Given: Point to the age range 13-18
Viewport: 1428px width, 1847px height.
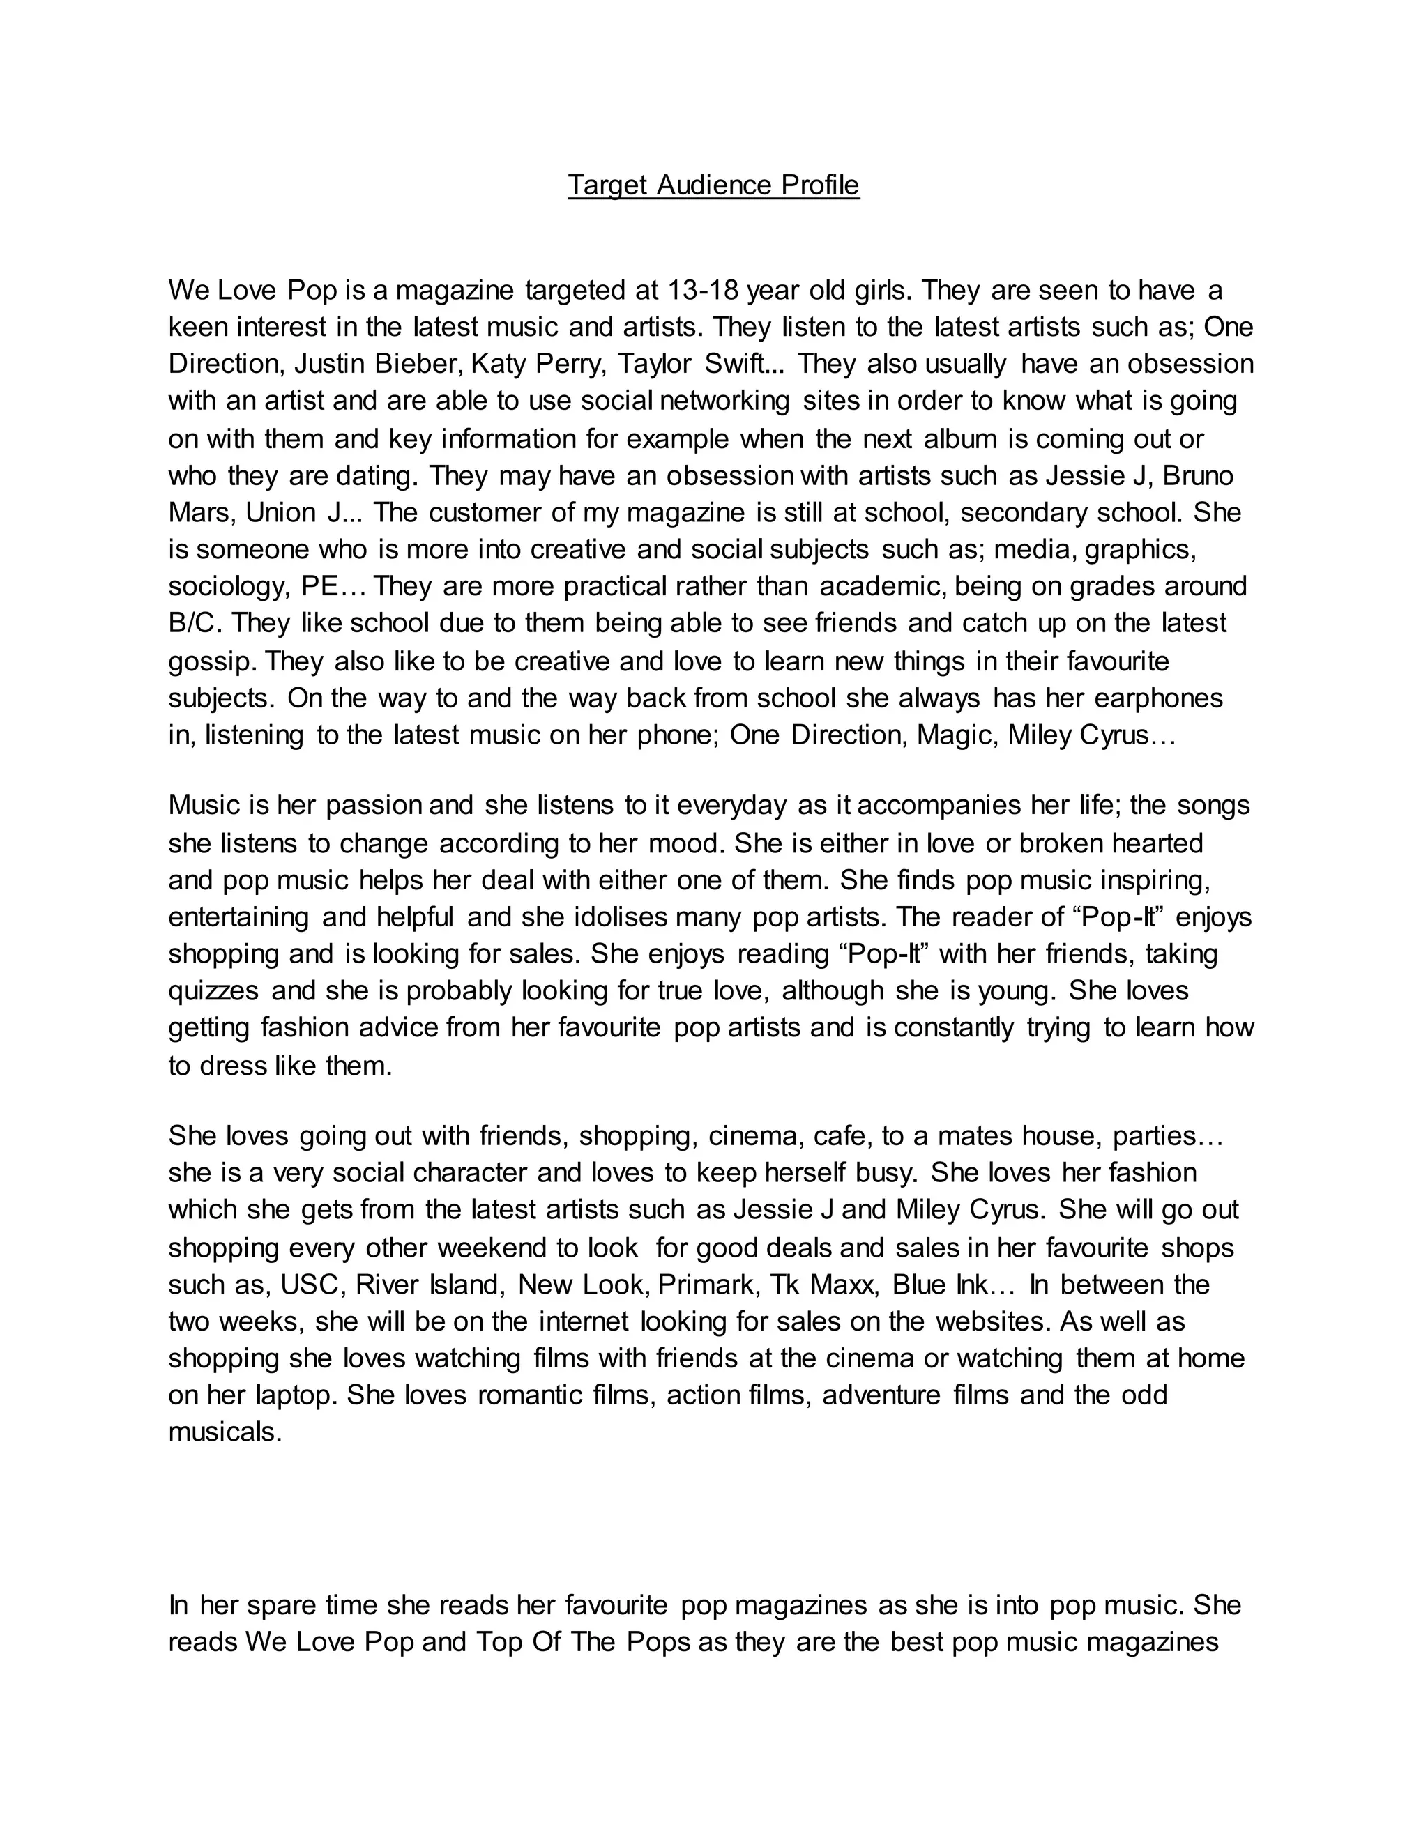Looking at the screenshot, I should pyautogui.click(x=701, y=290).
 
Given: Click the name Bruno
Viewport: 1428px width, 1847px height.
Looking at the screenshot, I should pyautogui.click(x=1198, y=476).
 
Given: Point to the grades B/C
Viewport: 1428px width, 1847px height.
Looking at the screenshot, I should pyautogui.click(x=194, y=623).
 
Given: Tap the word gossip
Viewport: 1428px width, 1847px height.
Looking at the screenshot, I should pyautogui.click(x=211, y=661).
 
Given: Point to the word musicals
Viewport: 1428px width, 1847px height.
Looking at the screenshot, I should pyautogui.click(x=225, y=1432).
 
